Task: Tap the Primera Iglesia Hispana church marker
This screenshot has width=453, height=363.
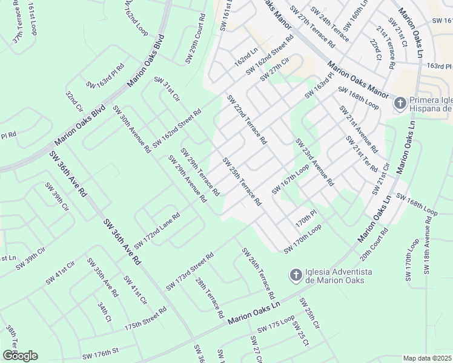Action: [x=400, y=103]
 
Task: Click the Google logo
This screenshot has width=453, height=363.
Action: [x=20, y=356]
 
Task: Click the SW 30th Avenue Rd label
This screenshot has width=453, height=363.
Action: [x=131, y=129]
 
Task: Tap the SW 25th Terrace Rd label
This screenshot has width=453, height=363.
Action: [x=241, y=181]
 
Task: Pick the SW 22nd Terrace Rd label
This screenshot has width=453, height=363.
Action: [x=246, y=119]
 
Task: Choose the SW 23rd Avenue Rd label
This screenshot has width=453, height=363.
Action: [x=314, y=162]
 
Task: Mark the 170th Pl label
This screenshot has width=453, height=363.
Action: [x=306, y=215]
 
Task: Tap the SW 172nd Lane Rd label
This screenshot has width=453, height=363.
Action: [x=157, y=231]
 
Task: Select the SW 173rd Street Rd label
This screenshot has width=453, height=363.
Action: [x=190, y=270]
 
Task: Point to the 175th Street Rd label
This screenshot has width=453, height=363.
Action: [x=145, y=318]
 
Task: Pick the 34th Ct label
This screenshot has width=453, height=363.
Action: [x=104, y=312]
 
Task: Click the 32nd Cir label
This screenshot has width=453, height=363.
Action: [x=74, y=102]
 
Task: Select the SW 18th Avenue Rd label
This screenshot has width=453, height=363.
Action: [x=428, y=249]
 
